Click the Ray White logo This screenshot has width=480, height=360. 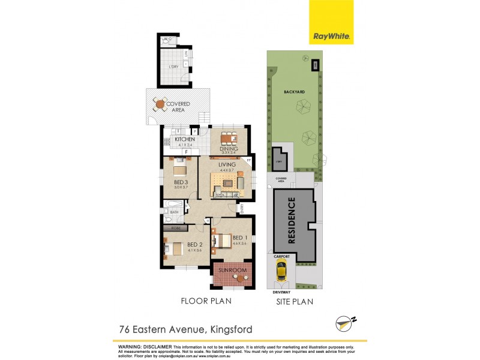coord(331,22)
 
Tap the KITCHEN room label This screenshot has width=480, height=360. coord(185,139)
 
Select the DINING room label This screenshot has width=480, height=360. coord(229,149)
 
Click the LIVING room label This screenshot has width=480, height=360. coord(227,164)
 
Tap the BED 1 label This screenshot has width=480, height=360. coord(239,238)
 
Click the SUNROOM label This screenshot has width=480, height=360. coord(232,271)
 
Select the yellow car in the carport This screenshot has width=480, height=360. coord(281,272)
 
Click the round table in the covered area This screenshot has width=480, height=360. coord(160,105)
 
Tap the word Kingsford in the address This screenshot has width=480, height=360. coord(230,329)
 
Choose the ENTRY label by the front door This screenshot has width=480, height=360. coord(241,208)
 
